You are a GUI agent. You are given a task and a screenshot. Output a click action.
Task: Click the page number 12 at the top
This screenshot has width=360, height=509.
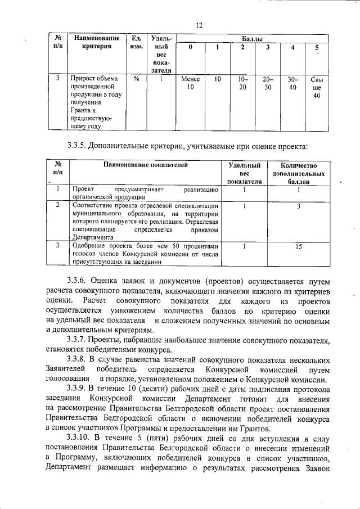199,24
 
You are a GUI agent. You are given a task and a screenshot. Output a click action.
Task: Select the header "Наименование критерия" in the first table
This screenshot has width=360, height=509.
96,42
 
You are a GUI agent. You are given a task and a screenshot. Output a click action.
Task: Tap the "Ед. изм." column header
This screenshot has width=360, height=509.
136,42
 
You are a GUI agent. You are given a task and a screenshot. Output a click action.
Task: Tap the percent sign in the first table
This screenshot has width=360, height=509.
136,79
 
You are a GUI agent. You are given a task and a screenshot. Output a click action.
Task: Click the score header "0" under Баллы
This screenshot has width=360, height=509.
190,47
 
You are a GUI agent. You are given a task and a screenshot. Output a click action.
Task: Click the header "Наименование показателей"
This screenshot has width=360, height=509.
145,165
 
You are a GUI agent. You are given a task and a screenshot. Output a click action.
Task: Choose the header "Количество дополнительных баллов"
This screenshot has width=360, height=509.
299,174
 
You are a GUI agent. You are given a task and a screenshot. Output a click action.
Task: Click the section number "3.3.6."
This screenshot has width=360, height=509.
78,280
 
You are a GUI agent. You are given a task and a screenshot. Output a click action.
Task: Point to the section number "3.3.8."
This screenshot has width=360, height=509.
78,359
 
